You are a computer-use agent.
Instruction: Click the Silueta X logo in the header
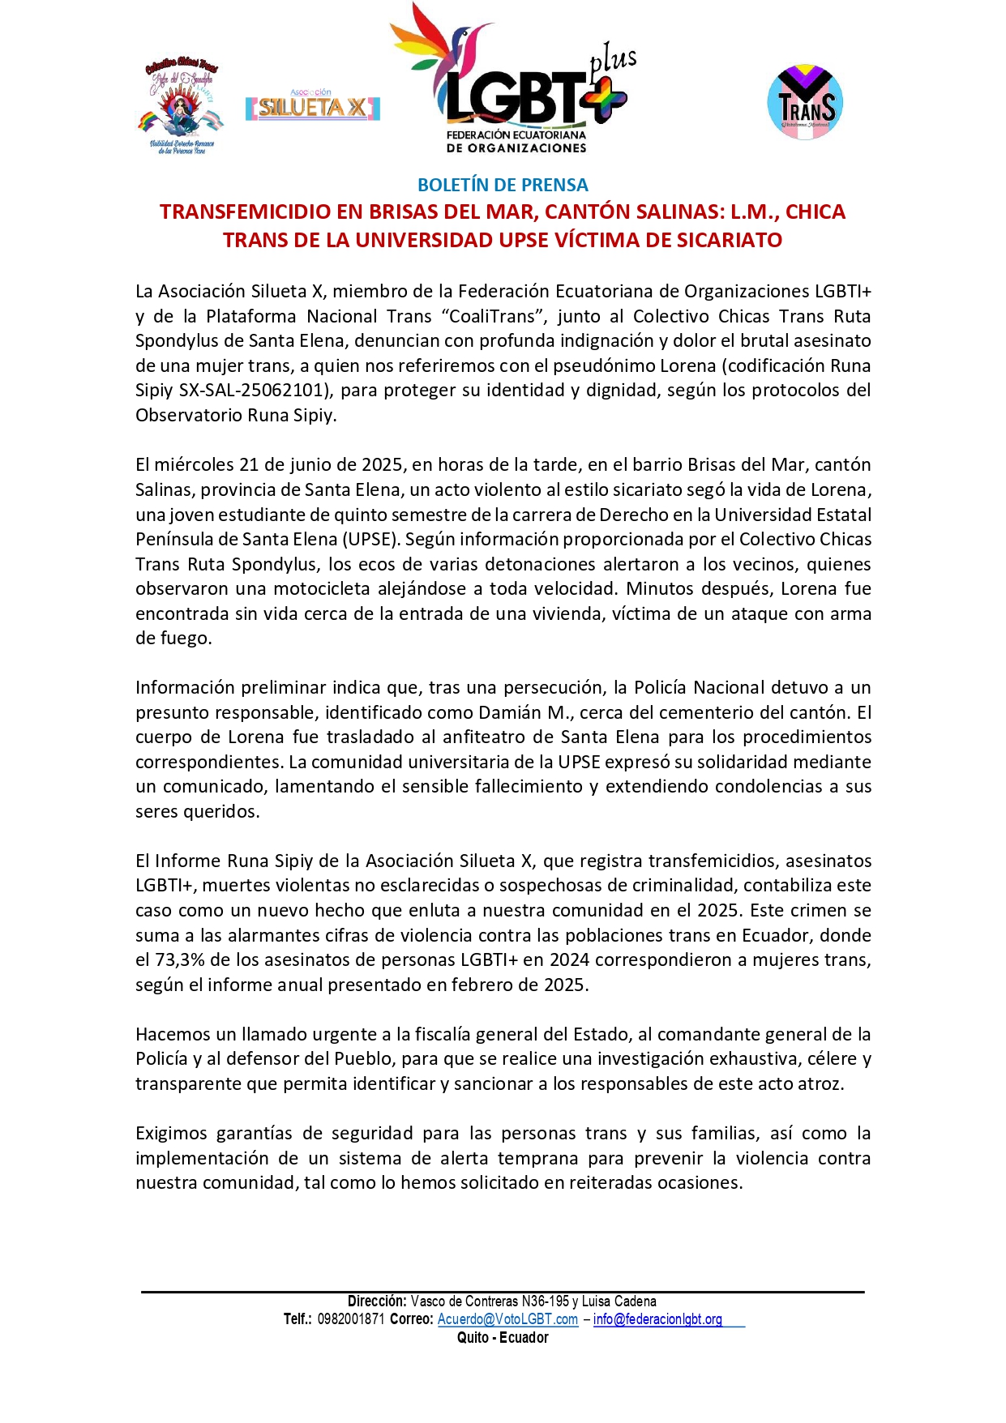(x=312, y=106)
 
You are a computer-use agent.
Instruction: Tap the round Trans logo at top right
(x=805, y=102)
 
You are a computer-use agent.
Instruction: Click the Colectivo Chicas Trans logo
(x=181, y=106)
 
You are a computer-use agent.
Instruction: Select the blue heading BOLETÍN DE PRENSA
(x=503, y=185)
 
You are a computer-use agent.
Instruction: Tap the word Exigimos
(x=170, y=1133)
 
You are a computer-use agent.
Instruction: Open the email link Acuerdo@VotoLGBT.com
(x=507, y=1319)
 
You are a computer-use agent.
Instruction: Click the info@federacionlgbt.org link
(x=657, y=1319)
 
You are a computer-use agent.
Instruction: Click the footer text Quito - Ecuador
(x=503, y=1337)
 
